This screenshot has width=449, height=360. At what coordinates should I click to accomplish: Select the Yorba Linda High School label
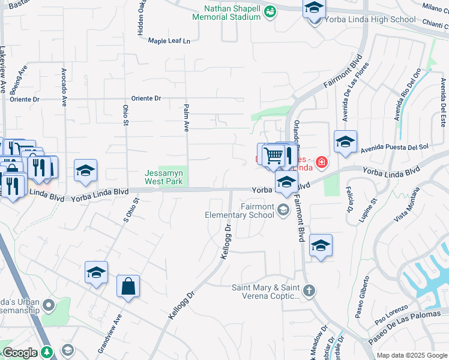click(369, 19)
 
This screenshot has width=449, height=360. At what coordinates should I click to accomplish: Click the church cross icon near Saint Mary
click(309, 291)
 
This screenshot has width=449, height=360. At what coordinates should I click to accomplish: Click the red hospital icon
click(322, 162)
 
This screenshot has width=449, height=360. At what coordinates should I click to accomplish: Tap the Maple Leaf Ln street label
click(169, 41)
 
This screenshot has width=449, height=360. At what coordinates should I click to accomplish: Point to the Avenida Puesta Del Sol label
click(394, 146)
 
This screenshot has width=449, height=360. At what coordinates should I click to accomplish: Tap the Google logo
click(19, 353)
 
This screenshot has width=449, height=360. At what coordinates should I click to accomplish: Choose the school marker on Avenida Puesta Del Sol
click(345, 143)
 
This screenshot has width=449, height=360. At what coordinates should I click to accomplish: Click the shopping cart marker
click(273, 155)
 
